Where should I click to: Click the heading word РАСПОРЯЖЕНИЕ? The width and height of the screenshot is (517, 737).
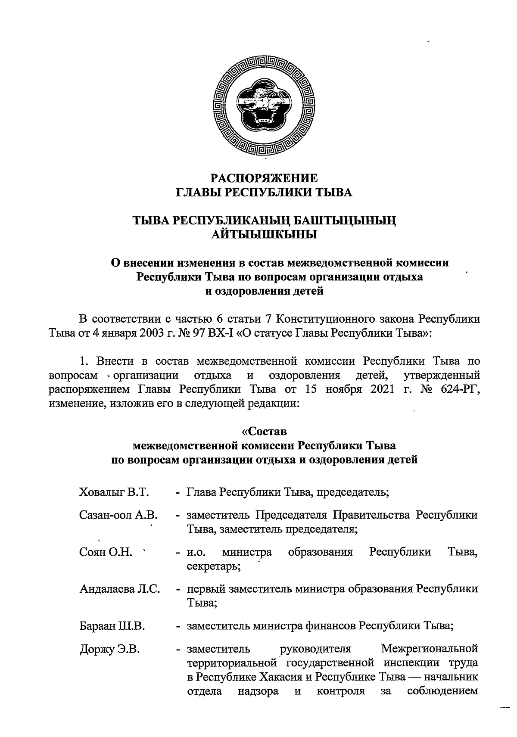point(265,178)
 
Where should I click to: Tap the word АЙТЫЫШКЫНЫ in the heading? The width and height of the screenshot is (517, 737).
point(265,235)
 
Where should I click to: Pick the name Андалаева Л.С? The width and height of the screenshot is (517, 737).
point(120,589)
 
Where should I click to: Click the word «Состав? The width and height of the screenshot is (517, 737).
point(264,431)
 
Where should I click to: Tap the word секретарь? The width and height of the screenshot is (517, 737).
point(214,566)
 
